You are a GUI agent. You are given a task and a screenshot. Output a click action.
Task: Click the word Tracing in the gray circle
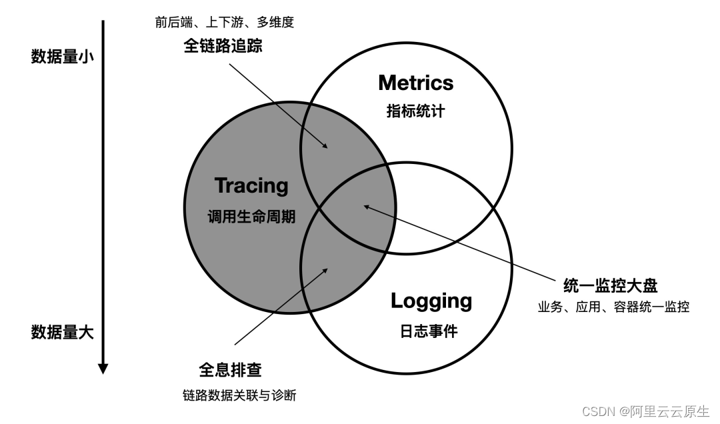coord(251,185)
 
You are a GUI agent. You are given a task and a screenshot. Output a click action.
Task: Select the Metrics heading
coord(415,83)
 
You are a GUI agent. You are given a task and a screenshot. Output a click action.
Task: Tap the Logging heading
coord(431,301)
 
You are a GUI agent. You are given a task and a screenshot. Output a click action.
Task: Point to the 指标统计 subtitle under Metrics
coord(415,111)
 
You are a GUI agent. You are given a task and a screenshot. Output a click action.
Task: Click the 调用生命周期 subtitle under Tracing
coord(251,217)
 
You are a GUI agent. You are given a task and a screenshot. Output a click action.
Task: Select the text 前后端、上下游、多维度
coord(225,22)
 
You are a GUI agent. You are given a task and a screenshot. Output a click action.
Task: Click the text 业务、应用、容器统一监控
coord(613,307)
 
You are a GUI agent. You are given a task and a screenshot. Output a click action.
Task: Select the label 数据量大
coord(63,332)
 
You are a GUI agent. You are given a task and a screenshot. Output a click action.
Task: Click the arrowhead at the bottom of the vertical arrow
coord(103,368)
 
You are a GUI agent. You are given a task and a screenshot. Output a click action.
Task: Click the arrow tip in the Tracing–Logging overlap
coord(327,269)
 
